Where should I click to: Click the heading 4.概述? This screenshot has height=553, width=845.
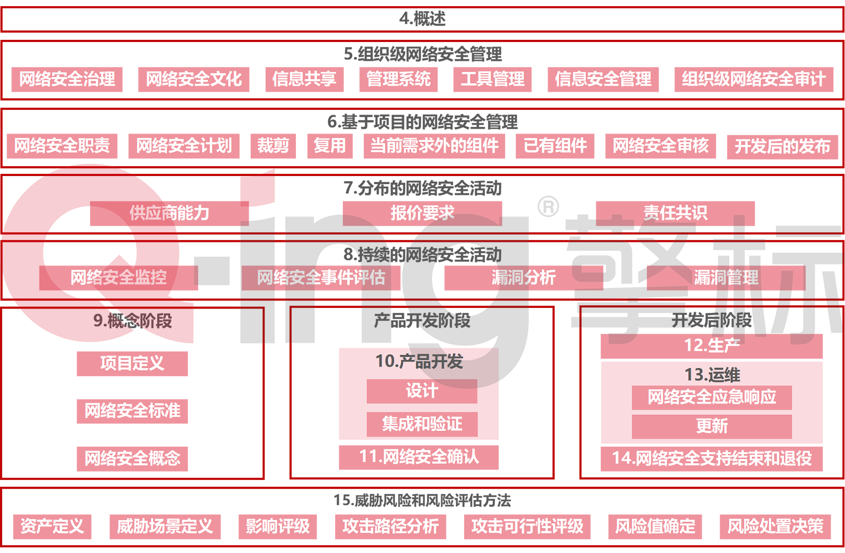click(x=422, y=18)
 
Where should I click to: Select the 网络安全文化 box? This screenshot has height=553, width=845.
click(x=193, y=79)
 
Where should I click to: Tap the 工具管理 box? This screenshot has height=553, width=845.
click(x=492, y=79)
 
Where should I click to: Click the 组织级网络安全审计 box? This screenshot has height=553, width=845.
click(x=754, y=79)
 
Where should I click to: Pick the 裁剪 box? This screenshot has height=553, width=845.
click(x=273, y=146)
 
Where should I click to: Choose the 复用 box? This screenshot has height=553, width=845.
click(x=330, y=146)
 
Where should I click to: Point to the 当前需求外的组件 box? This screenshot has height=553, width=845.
click(x=434, y=146)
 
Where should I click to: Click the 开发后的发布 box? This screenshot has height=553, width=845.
click(x=783, y=147)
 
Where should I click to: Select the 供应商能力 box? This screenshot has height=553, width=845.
click(x=169, y=213)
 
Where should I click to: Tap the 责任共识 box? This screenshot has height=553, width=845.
click(x=675, y=213)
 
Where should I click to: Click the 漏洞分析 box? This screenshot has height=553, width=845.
click(x=524, y=278)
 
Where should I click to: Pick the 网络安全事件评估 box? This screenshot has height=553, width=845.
click(x=320, y=278)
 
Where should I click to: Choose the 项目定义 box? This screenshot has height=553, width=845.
click(x=132, y=364)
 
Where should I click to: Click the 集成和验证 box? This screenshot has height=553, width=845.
click(x=422, y=424)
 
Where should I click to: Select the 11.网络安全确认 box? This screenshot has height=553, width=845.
click(x=419, y=457)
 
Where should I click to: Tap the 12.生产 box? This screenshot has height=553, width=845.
click(x=712, y=346)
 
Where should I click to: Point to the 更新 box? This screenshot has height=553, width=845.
click(x=712, y=427)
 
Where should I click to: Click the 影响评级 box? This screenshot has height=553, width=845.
click(x=277, y=526)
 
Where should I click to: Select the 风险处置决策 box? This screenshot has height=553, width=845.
click(x=775, y=526)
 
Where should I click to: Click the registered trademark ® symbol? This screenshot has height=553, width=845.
click(x=548, y=206)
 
